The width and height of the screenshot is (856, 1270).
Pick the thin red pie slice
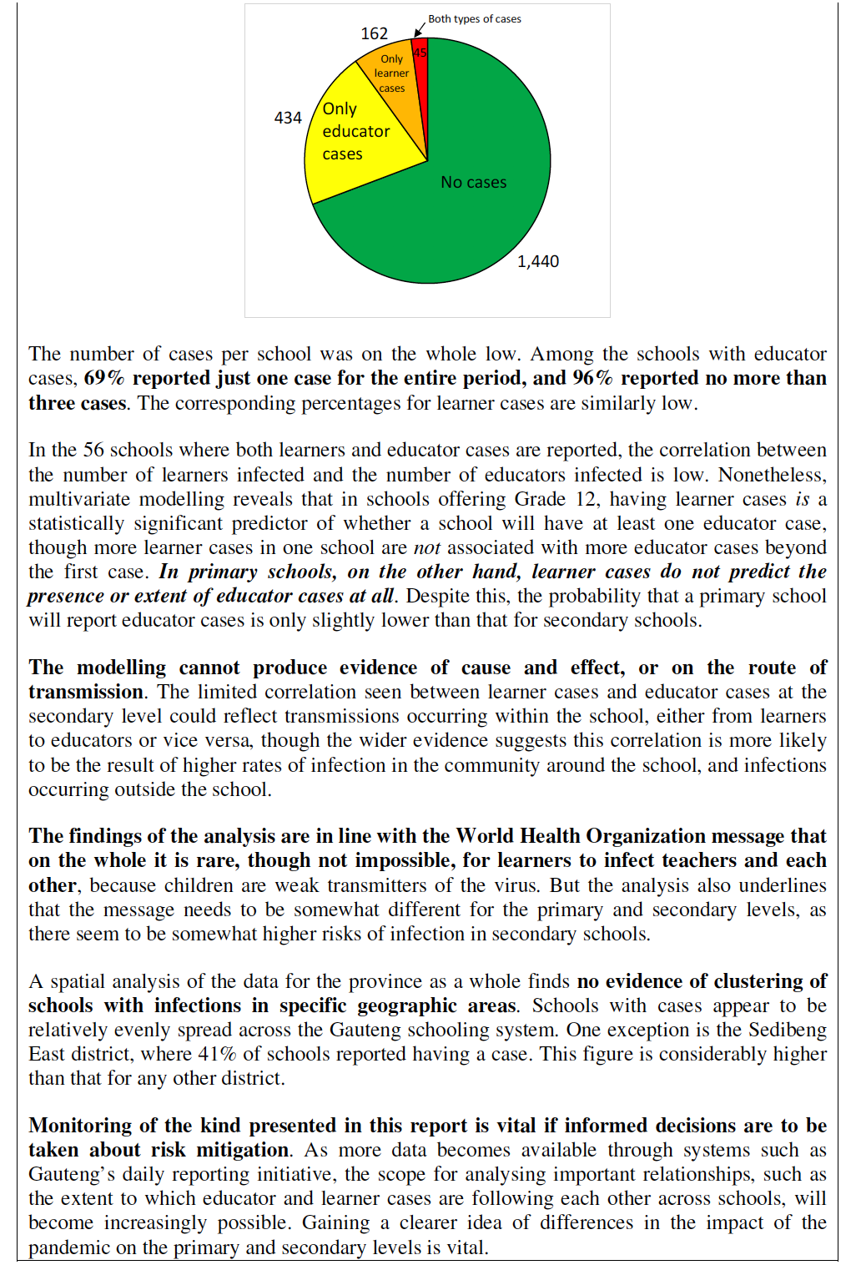point(420,75)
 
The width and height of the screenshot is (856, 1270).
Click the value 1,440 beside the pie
point(538,261)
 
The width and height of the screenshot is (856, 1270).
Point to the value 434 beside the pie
point(288,118)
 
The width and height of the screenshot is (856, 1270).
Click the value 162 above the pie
point(374,33)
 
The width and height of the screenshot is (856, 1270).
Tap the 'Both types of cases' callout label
point(475,18)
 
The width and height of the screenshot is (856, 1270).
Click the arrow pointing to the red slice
point(420,31)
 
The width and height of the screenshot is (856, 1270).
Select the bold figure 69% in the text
point(104,378)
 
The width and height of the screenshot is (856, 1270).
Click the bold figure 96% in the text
point(592,378)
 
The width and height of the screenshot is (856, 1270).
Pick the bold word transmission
point(86,692)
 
